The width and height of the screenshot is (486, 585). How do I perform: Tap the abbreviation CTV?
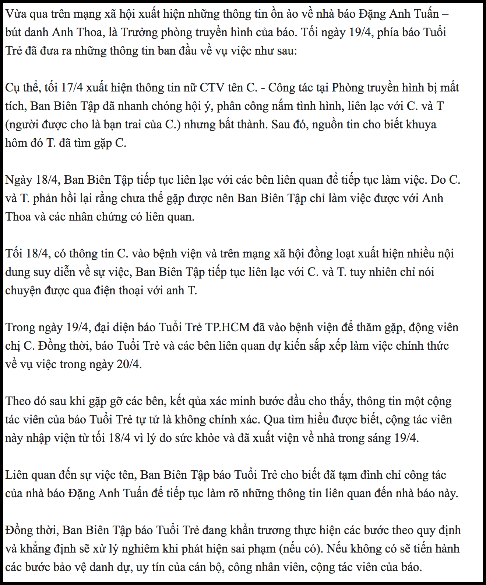212,88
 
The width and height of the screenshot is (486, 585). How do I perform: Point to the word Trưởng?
139,32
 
